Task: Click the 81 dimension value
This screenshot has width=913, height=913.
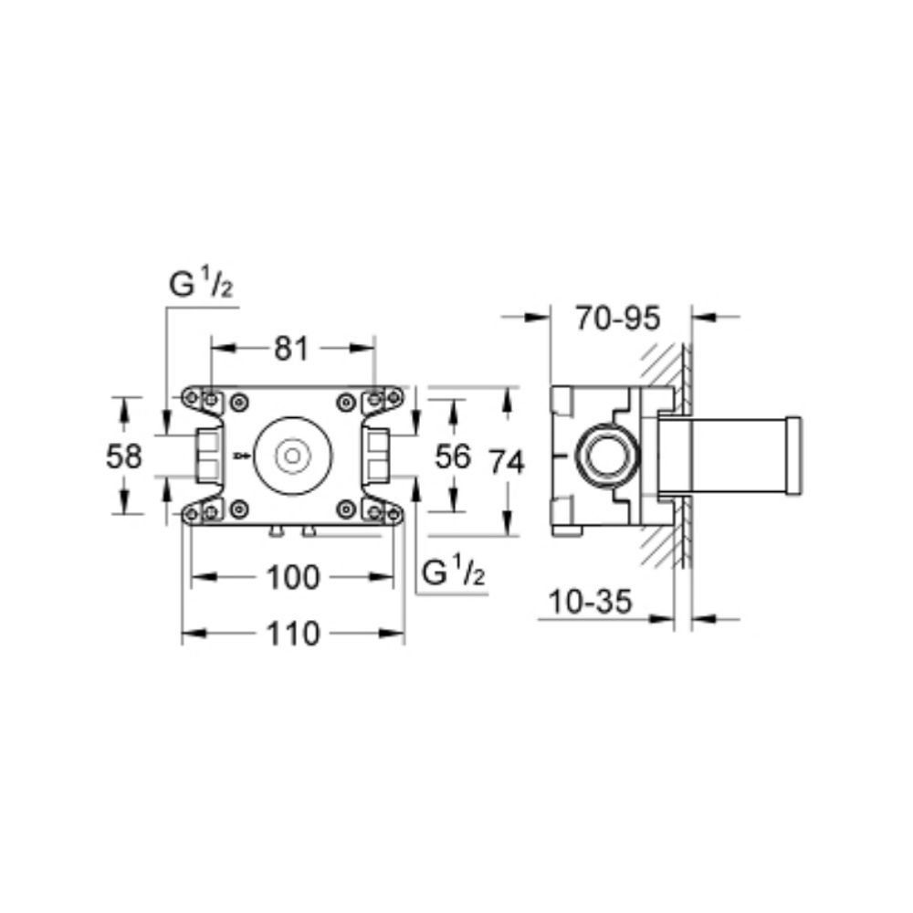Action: coord(291,350)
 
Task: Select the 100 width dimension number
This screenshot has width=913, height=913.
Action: coord(293,578)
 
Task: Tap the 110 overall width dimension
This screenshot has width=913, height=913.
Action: coord(293,634)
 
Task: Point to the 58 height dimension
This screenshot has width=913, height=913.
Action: coord(124,456)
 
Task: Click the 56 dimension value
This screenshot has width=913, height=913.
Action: coord(453,456)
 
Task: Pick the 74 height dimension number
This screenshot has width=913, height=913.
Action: coord(507,462)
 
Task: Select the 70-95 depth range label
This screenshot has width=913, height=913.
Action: coord(618,319)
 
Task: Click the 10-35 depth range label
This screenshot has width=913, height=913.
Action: coord(590,602)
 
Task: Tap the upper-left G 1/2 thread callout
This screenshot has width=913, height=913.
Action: coord(201,284)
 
